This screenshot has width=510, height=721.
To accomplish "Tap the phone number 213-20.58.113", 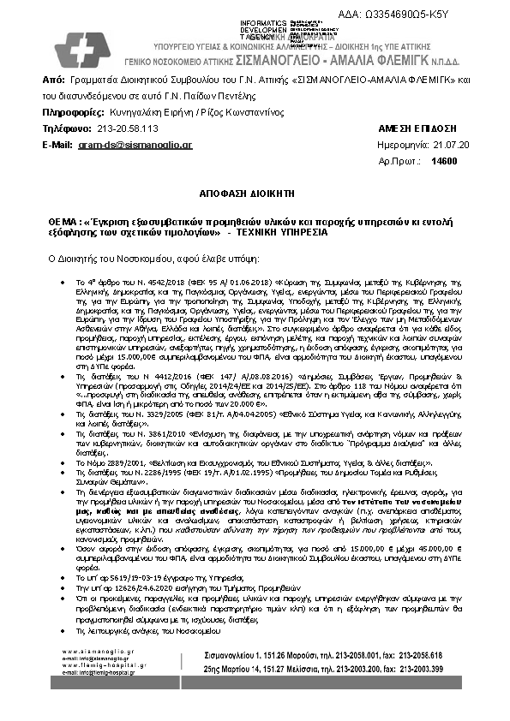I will [128, 128].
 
